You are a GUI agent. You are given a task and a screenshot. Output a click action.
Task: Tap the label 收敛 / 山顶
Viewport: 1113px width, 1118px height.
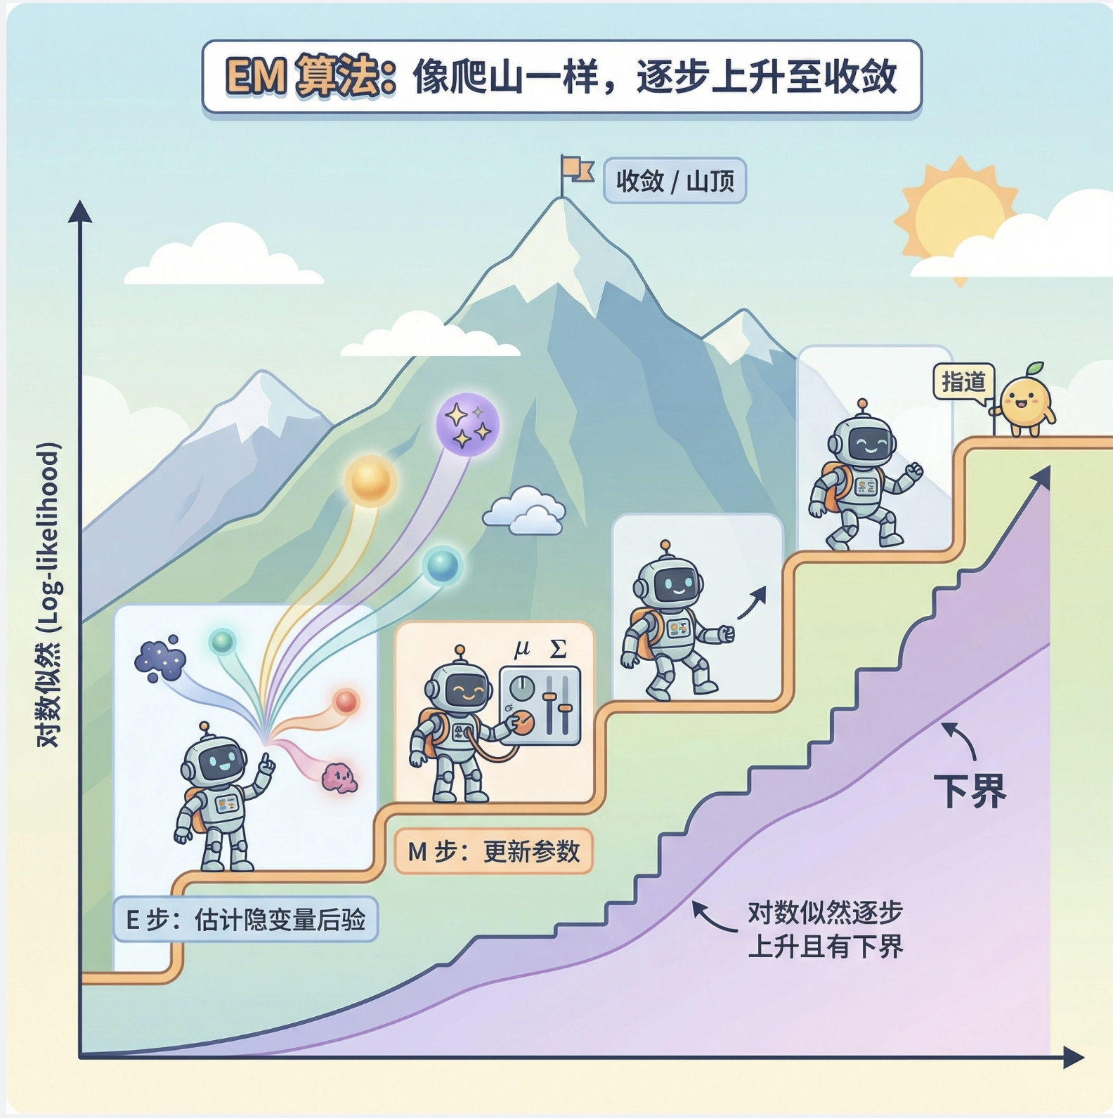(x=675, y=181)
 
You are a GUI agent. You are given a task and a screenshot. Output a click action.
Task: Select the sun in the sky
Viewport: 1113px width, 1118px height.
(x=958, y=211)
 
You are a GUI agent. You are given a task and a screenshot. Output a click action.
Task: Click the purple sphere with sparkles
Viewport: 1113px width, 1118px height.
(x=467, y=424)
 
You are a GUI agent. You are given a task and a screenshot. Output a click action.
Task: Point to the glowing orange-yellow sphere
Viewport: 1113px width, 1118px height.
(x=370, y=480)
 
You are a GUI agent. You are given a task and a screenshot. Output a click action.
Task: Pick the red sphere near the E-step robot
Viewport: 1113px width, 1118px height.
(x=346, y=701)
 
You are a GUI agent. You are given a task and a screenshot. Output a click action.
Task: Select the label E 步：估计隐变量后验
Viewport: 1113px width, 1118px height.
(x=245, y=919)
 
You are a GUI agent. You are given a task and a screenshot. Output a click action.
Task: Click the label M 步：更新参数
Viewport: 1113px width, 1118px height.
(x=493, y=851)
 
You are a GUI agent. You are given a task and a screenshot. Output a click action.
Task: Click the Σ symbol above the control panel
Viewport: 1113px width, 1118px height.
(x=558, y=649)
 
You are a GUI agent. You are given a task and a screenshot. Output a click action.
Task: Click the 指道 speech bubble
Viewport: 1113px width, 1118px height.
(x=963, y=382)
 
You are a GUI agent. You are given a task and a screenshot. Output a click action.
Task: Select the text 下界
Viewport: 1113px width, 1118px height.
(x=970, y=791)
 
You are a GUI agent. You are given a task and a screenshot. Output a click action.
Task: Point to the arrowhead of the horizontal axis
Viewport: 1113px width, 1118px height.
(x=1075, y=1057)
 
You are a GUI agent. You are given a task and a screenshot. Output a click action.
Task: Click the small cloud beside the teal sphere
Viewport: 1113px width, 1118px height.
(x=525, y=511)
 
